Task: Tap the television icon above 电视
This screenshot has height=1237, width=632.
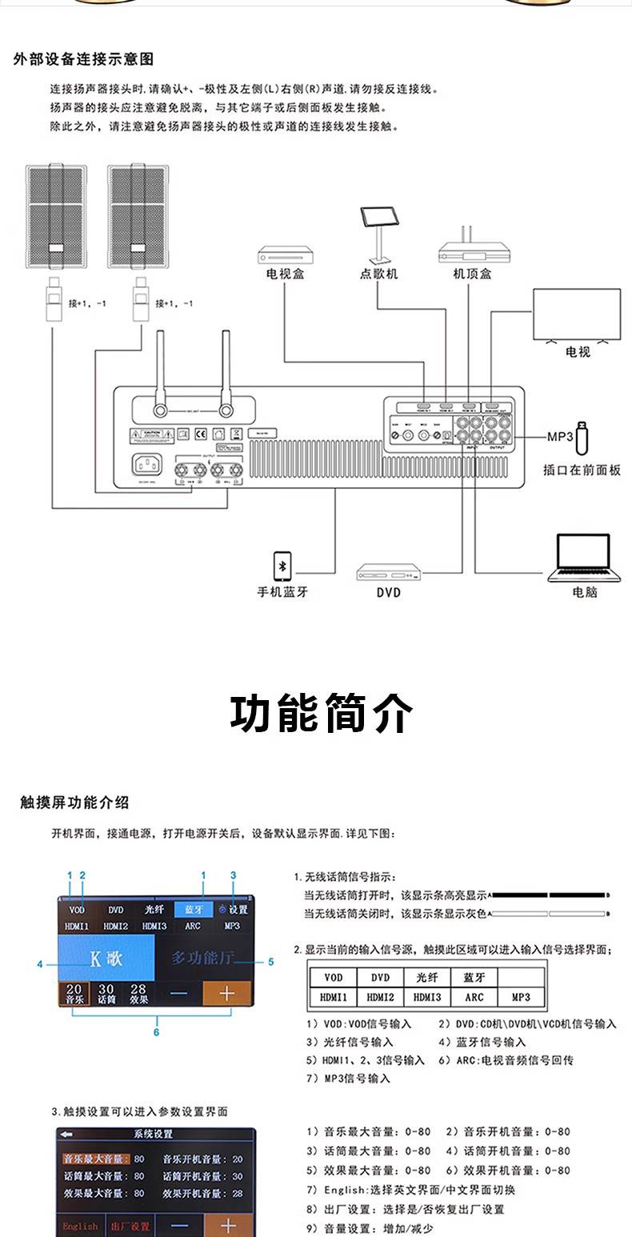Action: tap(577, 317)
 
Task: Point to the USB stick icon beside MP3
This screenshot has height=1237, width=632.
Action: tap(582, 437)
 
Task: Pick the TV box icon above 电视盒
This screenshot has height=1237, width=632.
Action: tap(285, 255)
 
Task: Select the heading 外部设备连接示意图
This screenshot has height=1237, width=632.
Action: tap(83, 59)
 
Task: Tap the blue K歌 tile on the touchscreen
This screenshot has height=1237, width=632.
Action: tap(106, 959)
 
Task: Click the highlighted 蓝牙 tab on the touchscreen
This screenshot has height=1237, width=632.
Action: tap(194, 909)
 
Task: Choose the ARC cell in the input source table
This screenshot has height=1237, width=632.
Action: tap(474, 997)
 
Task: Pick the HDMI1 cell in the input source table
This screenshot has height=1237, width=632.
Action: tap(334, 997)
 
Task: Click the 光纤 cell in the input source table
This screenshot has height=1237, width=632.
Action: tap(427, 978)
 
